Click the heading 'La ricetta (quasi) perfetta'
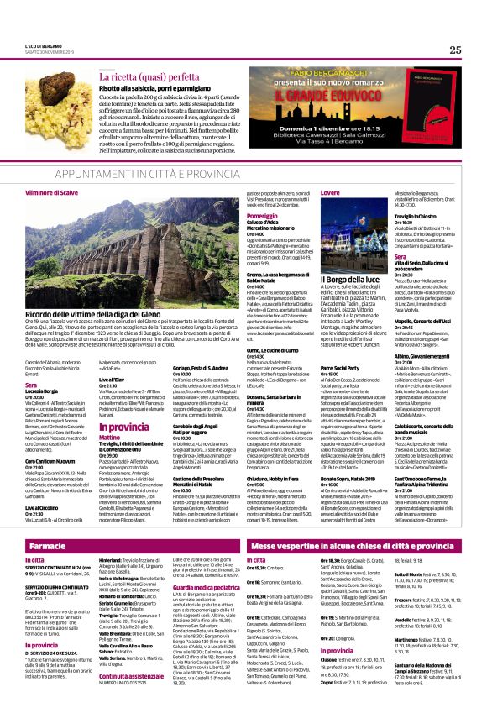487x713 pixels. point(148,76)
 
